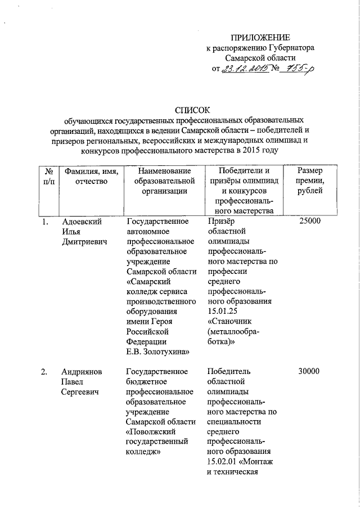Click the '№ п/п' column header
pos(48,176)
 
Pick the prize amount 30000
pos(310,371)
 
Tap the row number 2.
pos(45,371)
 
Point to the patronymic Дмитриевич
pos(84,241)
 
